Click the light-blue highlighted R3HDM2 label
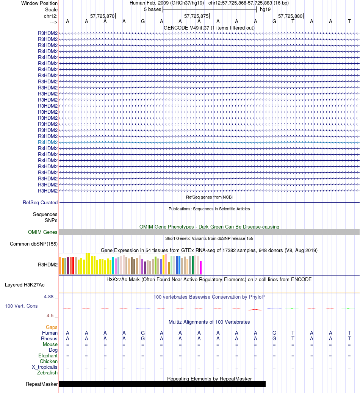pos(48,142)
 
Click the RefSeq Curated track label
pos(40,203)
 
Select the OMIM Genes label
pos(43,232)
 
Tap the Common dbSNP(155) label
pos(34,244)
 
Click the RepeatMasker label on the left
pos(42,384)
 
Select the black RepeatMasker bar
pos(162,384)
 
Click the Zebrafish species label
pos(47,373)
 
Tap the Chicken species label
pos(49,362)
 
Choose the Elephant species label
pos(48,356)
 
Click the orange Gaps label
pos(52,327)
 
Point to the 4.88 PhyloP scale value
pos(49,297)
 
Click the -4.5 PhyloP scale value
pos(50,315)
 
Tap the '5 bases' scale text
pos(152,9)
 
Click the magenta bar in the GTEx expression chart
pos(201,267)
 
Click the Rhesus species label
pos(49,339)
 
